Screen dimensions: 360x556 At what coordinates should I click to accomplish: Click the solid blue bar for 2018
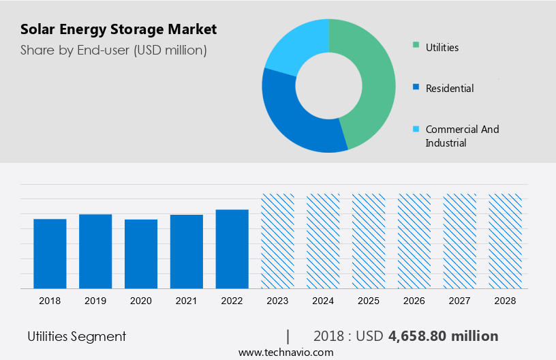(50, 254)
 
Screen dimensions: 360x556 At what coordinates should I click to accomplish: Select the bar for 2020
(141, 254)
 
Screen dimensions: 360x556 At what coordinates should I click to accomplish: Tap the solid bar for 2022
(232, 249)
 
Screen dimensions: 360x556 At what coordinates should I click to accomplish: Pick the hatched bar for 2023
(278, 241)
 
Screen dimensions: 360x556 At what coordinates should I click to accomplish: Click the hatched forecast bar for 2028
(506, 241)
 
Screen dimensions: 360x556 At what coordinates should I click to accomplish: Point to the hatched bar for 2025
(369, 241)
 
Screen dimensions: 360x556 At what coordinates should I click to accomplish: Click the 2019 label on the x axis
(95, 301)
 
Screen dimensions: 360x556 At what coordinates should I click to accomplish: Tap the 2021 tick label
(187, 301)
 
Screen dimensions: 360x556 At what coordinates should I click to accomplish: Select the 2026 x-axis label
(414, 301)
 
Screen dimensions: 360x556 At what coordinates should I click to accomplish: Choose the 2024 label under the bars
(323, 301)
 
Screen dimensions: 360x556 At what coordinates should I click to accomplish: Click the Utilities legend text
(442, 48)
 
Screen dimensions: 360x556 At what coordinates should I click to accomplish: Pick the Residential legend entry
(450, 89)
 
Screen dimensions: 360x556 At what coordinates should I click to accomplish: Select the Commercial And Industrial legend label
(462, 136)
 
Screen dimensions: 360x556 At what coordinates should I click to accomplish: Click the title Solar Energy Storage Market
(119, 29)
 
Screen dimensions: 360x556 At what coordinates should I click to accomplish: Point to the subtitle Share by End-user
(114, 50)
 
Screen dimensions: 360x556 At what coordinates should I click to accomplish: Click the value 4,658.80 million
(443, 336)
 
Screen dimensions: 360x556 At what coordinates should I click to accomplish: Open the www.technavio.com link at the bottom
(285, 352)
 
